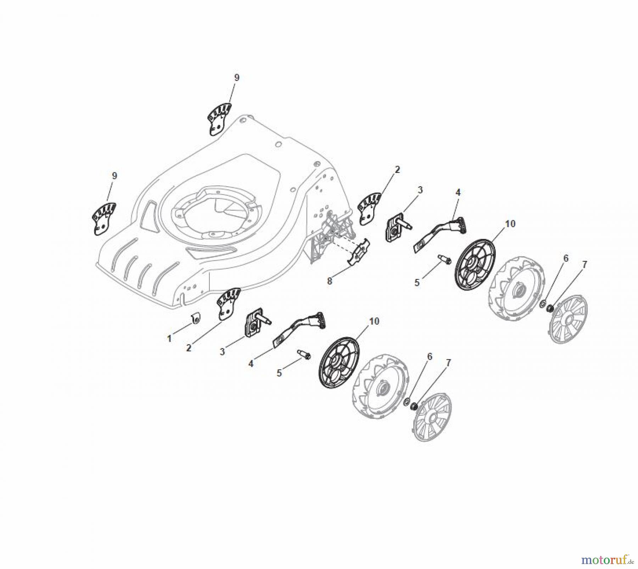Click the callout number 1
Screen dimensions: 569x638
tap(169, 338)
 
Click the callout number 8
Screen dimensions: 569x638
tap(330, 281)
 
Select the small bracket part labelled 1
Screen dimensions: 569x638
tap(195, 319)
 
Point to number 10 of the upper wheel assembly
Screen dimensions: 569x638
tap(510, 224)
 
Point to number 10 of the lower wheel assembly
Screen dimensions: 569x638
tap(374, 321)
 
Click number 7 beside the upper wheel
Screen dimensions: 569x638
tap(584, 265)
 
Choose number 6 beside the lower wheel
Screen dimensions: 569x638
tap(430, 357)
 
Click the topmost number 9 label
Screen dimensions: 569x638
tap(236, 78)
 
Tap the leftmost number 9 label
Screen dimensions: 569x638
tap(114, 176)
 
